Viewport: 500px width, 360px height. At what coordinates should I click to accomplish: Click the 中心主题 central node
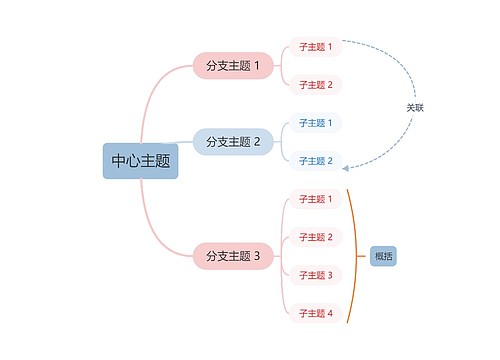(x=140, y=161)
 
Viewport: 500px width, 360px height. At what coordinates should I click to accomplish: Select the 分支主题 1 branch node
(x=232, y=66)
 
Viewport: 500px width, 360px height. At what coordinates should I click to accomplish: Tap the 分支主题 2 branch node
(x=232, y=142)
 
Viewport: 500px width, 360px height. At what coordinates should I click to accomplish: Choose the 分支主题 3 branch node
(x=232, y=256)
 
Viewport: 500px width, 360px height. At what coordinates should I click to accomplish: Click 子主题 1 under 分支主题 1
(x=315, y=47)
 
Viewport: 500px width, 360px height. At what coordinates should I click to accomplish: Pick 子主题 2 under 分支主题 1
(x=315, y=84)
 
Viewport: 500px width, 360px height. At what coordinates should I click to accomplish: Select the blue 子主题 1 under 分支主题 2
(x=315, y=123)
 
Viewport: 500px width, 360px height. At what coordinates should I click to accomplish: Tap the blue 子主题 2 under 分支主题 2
(x=315, y=161)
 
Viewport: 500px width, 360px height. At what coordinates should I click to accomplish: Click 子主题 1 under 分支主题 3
(x=315, y=199)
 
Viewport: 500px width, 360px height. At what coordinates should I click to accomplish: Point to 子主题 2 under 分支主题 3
(x=315, y=237)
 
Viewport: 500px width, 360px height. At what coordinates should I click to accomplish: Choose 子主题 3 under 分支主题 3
(x=315, y=275)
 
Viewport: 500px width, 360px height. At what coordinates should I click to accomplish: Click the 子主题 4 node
(x=315, y=313)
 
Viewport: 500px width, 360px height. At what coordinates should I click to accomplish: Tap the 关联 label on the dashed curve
(x=414, y=107)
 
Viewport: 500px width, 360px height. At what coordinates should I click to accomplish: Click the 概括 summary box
(x=383, y=256)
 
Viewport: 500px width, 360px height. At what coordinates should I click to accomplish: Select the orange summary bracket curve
(x=354, y=256)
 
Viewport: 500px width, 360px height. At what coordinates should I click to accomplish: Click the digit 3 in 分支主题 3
(x=257, y=256)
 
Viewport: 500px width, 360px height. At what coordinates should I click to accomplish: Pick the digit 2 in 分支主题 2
(x=257, y=142)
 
